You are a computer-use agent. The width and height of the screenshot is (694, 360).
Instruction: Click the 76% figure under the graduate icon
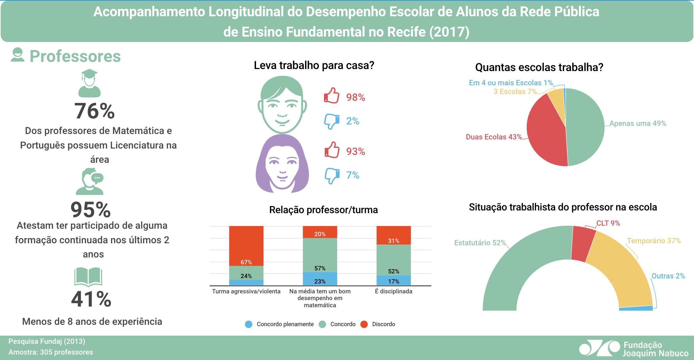94,111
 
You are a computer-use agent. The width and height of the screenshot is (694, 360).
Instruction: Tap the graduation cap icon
89,83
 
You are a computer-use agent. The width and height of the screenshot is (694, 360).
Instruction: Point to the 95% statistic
91,210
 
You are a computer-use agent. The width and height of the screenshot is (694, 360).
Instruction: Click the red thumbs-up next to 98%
332,96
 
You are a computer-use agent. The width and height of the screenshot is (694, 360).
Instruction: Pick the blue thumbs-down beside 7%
332,176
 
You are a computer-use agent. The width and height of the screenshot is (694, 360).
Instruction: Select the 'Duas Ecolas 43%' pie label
494,137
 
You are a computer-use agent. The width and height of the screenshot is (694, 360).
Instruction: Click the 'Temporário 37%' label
654,241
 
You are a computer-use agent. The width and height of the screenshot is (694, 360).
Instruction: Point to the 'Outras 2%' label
668,276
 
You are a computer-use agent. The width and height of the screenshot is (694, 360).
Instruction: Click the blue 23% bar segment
320,279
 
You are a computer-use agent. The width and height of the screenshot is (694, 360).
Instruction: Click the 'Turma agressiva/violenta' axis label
246,291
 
